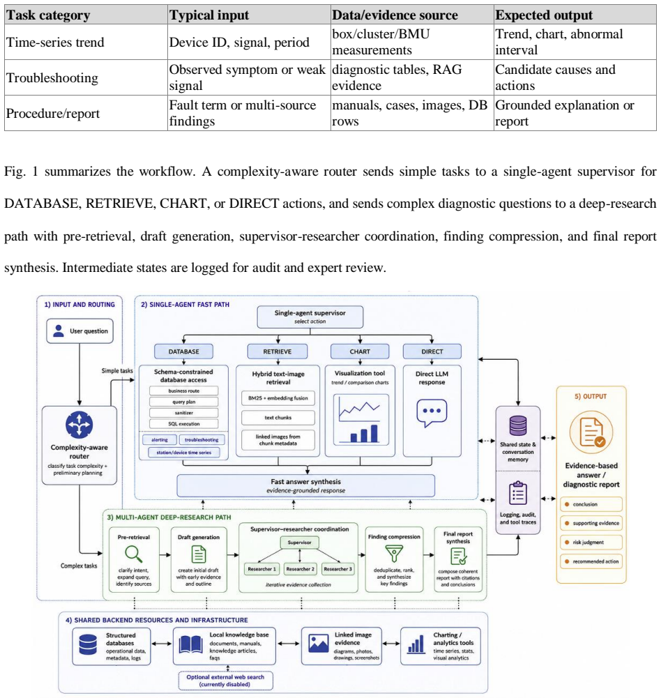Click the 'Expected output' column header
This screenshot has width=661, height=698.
(x=543, y=15)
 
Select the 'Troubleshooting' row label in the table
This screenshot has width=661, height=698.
(x=52, y=77)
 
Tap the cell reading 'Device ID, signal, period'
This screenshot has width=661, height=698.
(x=239, y=43)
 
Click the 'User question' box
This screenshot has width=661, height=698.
(x=79, y=331)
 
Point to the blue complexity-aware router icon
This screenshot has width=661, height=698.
(x=79, y=425)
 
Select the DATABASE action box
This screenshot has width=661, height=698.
(x=183, y=351)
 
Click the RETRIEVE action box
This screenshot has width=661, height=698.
(x=278, y=351)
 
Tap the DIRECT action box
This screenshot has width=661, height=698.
(x=432, y=351)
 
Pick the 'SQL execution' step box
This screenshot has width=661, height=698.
(x=184, y=424)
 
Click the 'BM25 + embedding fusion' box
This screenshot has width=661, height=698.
(x=278, y=398)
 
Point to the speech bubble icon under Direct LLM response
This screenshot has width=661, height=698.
(x=432, y=413)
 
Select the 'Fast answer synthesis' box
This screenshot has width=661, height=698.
(x=306, y=485)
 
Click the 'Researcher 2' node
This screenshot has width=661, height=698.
(x=300, y=569)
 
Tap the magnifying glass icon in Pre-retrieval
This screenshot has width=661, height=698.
(x=134, y=554)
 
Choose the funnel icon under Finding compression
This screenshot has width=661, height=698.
(x=394, y=554)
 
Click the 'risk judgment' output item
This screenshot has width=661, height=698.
(x=591, y=543)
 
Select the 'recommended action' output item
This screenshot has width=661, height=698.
(x=591, y=561)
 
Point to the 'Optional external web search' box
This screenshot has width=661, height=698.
(x=225, y=681)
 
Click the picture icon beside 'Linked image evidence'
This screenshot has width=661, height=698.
(x=318, y=644)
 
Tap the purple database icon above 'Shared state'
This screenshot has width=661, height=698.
(x=517, y=425)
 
